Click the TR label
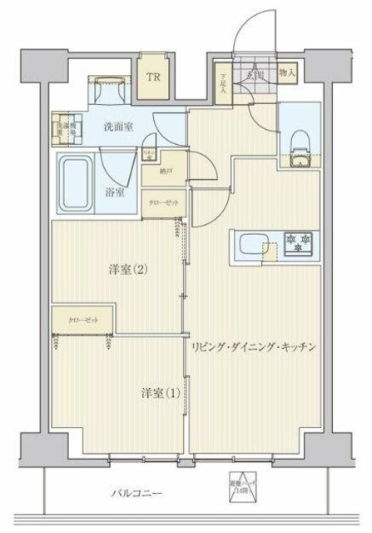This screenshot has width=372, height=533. click(153, 78)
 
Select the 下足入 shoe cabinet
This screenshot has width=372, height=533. click(222, 85)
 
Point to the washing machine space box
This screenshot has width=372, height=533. click(67, 127)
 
